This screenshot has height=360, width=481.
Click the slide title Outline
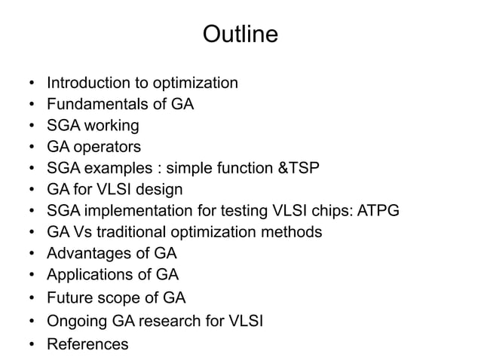point(240,35)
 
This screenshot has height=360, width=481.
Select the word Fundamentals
point(100,104)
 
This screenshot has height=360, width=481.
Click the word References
point(87,345)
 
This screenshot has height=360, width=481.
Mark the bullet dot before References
point(29,345)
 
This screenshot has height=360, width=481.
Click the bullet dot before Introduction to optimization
point(29,82)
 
